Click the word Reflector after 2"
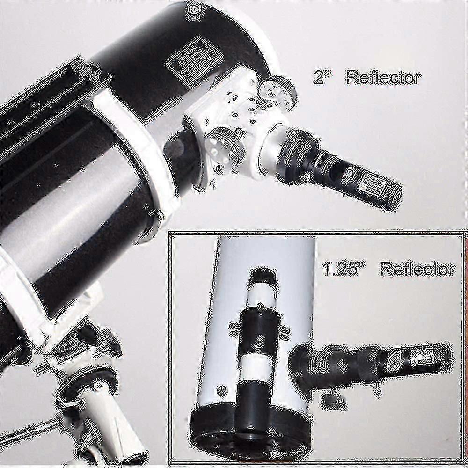[383, 78]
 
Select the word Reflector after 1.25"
[417, 269]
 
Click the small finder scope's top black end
[261, 276]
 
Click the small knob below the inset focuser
[333, 402]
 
